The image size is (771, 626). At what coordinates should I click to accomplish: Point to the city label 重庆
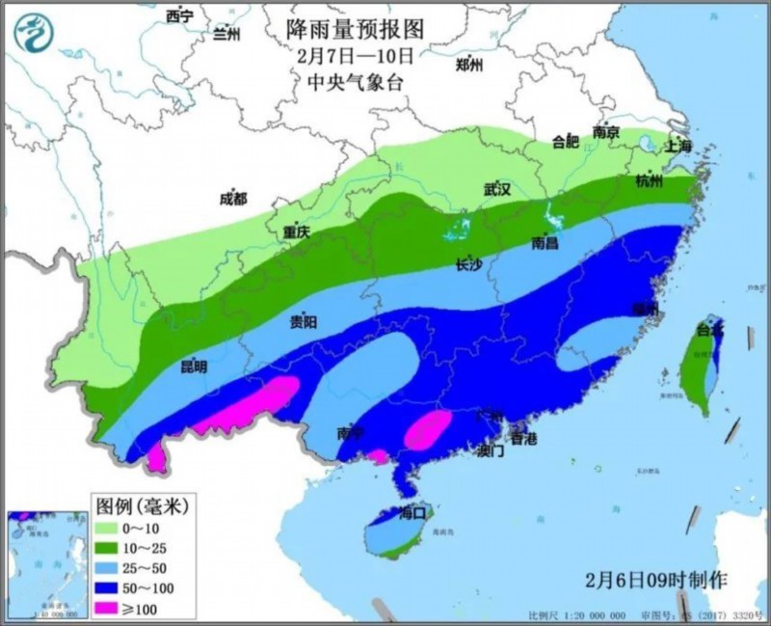point(297,232)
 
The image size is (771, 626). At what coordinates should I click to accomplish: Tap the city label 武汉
point(496,190)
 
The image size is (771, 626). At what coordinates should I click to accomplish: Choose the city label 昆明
point(193,367)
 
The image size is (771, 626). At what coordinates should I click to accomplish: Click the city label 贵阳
point(304,323)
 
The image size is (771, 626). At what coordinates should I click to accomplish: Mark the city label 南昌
point(545,243)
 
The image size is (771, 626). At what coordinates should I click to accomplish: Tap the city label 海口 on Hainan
point(412,512)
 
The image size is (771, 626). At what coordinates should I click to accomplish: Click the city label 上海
point(679,147)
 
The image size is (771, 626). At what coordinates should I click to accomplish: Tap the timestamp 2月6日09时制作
point(656,580)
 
